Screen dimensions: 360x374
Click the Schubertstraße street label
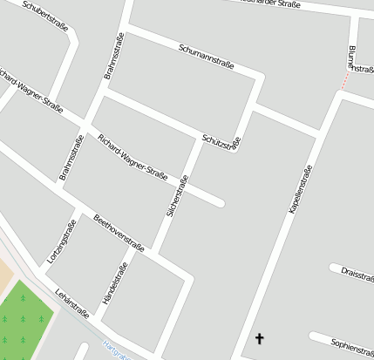(45, 16)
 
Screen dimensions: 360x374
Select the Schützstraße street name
(220, 140)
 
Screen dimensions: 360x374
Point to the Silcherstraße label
(177, 196)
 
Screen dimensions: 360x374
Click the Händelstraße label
(114, 282)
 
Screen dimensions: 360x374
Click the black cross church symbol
(259, 337)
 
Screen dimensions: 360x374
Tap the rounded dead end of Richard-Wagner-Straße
(220, 204)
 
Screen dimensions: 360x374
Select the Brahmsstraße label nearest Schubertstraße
(113, 58)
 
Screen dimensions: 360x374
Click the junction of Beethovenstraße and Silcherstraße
(155, 252)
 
